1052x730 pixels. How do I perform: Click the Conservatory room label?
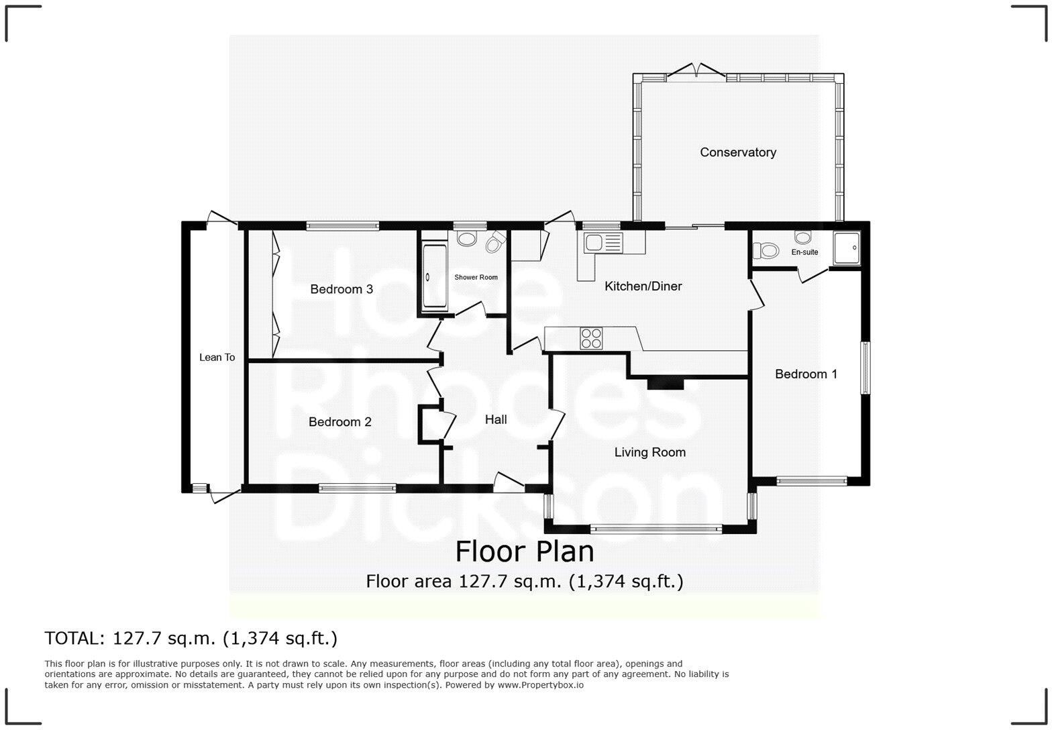point(738,152)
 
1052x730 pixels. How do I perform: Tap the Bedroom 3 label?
point(341,289)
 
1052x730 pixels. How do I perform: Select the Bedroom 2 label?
point(339,422)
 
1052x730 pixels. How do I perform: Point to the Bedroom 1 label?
point(806,374)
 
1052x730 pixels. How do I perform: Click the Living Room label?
point(649,452)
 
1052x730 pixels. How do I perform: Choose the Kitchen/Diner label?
point(643,286)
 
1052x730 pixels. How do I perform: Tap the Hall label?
point(496,420)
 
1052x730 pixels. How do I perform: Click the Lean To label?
point(217,358)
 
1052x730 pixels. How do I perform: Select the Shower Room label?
point(476,277)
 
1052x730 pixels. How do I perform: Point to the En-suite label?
point(804,252)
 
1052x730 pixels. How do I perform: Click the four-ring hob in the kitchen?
point(591,337)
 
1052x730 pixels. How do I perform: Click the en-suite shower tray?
point(847,249)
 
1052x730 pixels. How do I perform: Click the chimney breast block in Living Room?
point(665,383)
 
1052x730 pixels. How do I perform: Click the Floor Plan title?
point(525,552)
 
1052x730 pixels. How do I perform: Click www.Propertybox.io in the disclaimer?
point(540,685)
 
